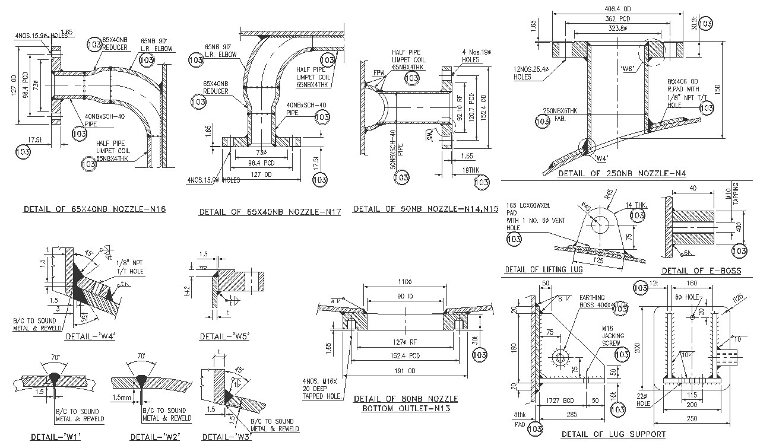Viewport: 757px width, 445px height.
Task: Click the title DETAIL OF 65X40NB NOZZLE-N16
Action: click(94, 209)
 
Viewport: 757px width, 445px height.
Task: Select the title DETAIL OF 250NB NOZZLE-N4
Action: click(622, 173)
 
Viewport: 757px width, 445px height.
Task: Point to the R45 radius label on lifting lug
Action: click(608, 193)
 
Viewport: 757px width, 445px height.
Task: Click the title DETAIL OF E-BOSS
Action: click(701, 271)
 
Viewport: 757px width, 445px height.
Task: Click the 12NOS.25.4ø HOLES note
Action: click(530, 73)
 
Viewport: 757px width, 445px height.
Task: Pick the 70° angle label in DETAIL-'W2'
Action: click(141, 356)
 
